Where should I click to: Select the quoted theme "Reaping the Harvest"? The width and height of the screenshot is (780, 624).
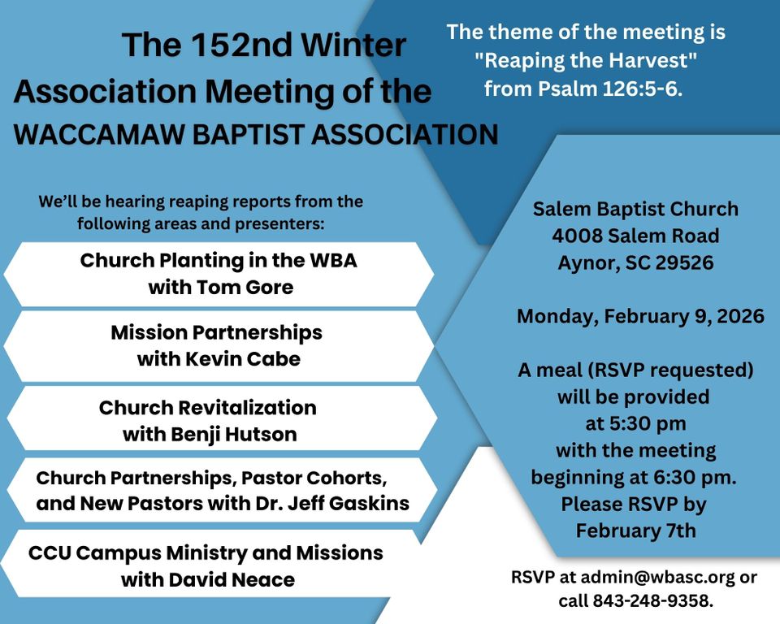point(586,61)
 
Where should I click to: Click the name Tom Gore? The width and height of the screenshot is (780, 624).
point(245,287)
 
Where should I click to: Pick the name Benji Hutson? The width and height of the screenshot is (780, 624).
point(234,435)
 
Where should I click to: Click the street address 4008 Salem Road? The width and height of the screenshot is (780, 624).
point(635,236)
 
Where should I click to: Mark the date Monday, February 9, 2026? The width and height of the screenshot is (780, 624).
point(641,317)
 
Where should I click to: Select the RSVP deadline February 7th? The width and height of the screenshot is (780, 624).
point(635,531)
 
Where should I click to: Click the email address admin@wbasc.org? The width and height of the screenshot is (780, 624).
point(657,577)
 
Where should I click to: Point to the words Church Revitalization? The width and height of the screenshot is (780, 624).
point(208,408)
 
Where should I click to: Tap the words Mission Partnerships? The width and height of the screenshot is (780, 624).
point(216,333)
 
